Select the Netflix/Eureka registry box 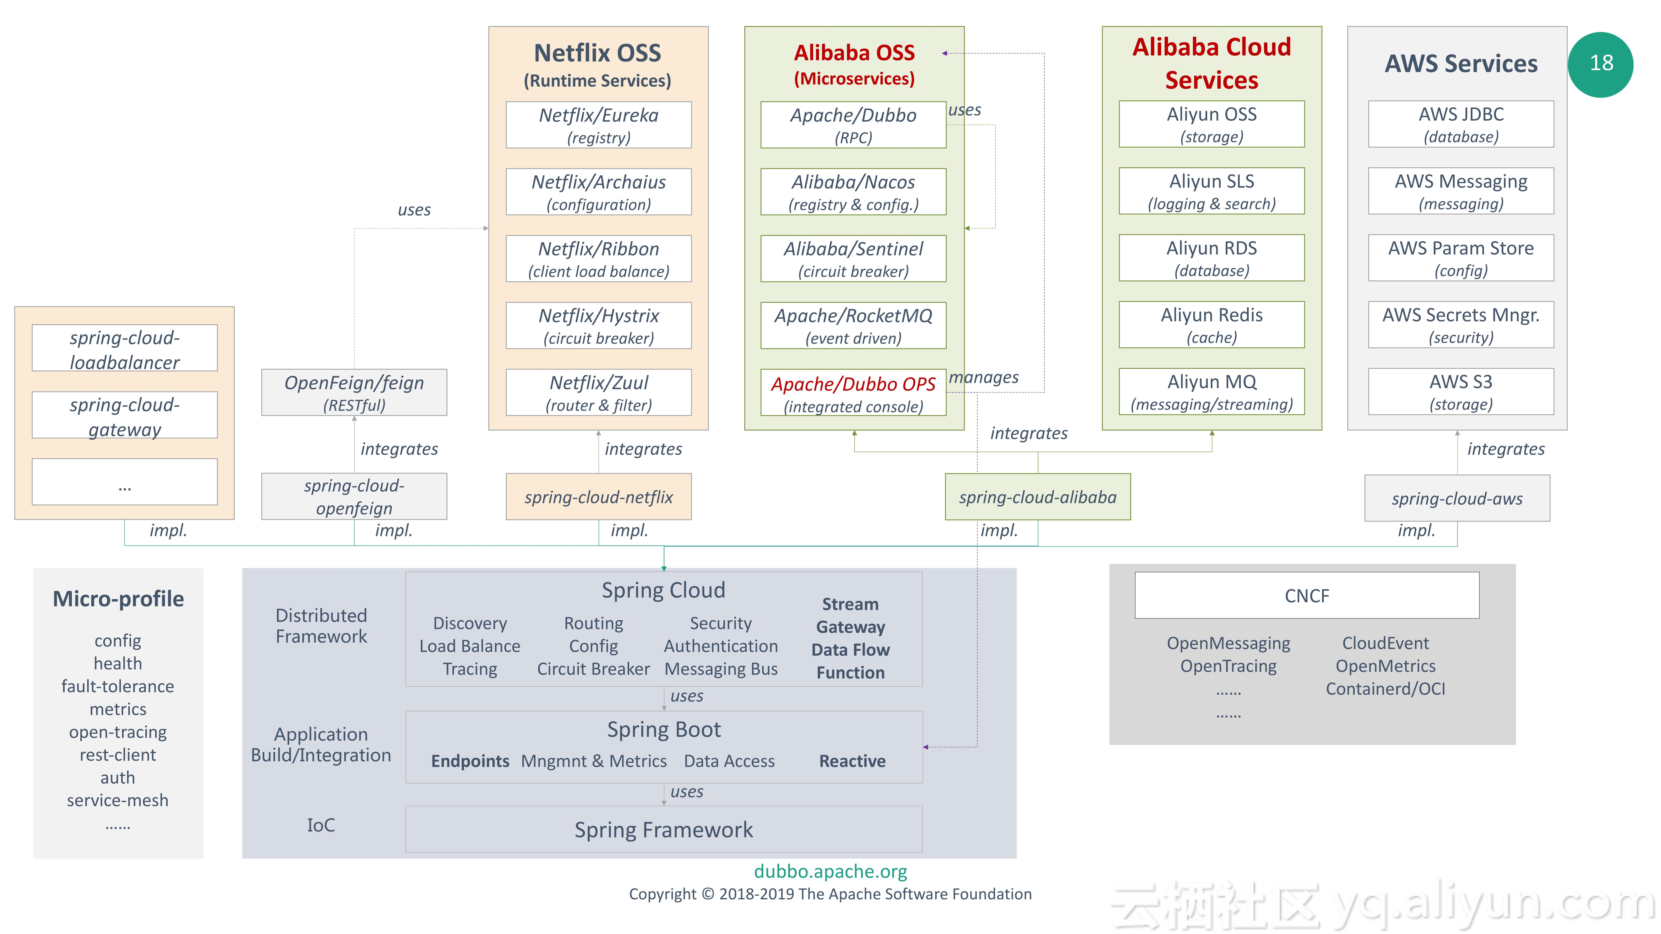(x=598, y=125)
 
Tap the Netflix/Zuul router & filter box (x=598, y=392)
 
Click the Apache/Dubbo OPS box (x=853, y=392)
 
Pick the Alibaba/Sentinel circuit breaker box (x=853, y=258)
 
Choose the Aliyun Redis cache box (x=1211, y=325)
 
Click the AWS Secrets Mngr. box (x=1461, y=325)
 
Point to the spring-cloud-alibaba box (x=1038, y=497)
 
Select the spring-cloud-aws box (x=1457, y=498)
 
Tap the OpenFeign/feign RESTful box (x=354, y=392)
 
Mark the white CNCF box (x=1307, y=596)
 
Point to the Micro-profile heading (x=118, y=599)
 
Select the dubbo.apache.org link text (x=830, y=872)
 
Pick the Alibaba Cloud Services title (x=1211, y=63)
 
